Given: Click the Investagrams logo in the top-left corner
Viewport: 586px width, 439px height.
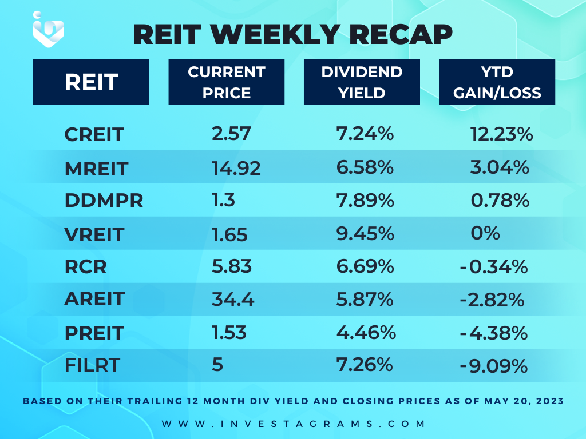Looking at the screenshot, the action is (x=48, y=29).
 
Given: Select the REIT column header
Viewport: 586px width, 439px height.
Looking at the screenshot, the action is (x=91, y=82).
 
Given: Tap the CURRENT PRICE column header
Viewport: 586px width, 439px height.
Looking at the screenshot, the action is (x=227, y=82).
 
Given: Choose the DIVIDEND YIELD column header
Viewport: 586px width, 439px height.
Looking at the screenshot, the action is (x=362, y=82).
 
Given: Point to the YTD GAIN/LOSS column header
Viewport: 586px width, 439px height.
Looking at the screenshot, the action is (x=497, y=82).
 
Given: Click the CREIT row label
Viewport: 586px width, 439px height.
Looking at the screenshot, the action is (x=94, y=134).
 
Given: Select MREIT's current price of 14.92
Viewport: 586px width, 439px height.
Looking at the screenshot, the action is (x=236, y=168).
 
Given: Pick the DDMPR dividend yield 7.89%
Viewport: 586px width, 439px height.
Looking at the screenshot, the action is (x=365, y=201).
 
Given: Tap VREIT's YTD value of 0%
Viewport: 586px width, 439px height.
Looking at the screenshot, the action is (x=485, y=233).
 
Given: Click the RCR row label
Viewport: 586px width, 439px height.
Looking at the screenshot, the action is (x=86, y=266).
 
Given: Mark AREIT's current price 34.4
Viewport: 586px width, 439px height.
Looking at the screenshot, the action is (x=233, y=300).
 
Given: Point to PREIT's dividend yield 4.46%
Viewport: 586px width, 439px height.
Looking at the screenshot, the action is (x=366, y=332).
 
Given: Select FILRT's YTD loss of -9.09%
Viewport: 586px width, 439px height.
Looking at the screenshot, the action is (x=494, y=366).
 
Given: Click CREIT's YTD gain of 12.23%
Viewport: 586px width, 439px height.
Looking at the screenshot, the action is (x=501, y=134).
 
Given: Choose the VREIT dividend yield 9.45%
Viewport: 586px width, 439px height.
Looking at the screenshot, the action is (x=365, y=234).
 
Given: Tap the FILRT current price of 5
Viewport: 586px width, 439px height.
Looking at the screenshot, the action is (x=217, y=364).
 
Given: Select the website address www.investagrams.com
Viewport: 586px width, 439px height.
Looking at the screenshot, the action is (x=294, y=424).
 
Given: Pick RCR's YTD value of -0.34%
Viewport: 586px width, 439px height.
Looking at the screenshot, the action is (x=494, y=267).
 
